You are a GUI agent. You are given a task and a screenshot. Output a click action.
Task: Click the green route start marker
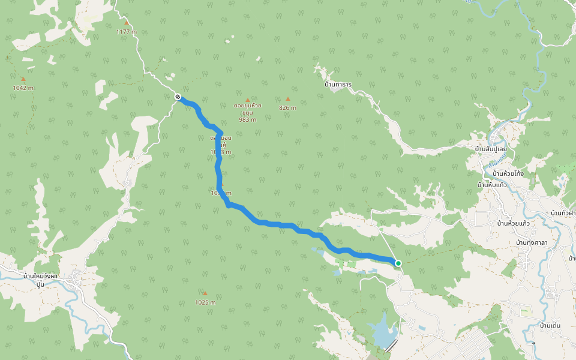[398, 263]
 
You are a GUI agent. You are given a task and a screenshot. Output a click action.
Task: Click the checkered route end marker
[178, 97]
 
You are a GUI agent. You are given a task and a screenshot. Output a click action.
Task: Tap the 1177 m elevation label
[127, 32]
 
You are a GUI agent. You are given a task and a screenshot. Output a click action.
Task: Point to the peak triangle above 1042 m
[23, 79]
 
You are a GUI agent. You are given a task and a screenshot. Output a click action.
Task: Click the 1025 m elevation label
[205, 302]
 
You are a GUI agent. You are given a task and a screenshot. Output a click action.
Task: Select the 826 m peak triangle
[288, 99]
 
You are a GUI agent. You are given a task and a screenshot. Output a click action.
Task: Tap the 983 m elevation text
[248, 119]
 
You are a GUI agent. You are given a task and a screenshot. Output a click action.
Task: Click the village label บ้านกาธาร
[338, 85]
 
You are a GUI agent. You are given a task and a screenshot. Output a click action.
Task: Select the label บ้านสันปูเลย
[491, 149]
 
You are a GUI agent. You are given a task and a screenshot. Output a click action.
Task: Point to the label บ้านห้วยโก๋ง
[508, 173]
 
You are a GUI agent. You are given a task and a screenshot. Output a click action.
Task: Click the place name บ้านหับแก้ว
[492, 185]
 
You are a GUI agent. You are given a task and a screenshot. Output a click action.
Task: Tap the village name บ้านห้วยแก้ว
[513, 223]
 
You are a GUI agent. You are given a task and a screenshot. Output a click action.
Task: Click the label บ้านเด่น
[550, 325]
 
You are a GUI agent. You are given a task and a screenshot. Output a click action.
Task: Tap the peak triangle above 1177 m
[127, 23]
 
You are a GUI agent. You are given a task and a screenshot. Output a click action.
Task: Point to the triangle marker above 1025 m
[205, 293]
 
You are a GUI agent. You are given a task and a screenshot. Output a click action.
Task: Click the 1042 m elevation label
[23, 88]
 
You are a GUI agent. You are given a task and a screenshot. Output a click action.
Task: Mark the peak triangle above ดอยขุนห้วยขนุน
[247, 100]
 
